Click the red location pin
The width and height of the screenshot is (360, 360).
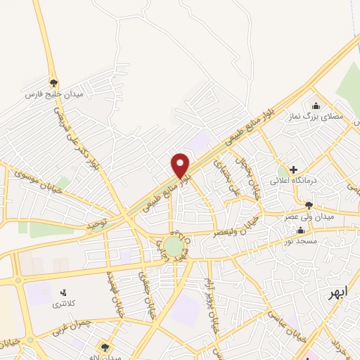[x=181, y=165]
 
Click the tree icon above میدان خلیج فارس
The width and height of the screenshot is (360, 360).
[x=53, y=82]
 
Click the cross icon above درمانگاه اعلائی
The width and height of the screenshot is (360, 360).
[x=293, y=169]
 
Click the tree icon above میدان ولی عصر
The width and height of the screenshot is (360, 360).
[x=309, y=205]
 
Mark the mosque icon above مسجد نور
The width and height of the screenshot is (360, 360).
[x=301, y=231]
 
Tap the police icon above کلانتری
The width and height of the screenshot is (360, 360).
[x=64, y=292]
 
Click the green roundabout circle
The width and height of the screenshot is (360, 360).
[x=172, y=246]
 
